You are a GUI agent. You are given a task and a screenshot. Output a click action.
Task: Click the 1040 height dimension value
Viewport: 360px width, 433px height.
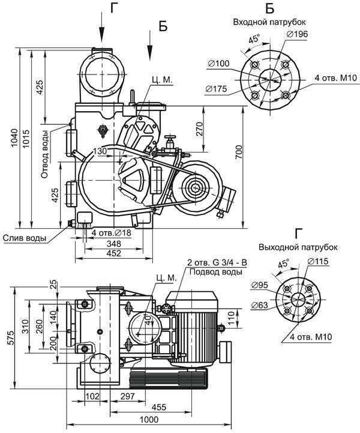click(x=14, y=138)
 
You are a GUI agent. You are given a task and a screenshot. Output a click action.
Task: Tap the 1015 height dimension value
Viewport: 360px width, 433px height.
click(x=26, y=138)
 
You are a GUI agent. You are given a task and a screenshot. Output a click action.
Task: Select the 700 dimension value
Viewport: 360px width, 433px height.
click(x=239, y=152)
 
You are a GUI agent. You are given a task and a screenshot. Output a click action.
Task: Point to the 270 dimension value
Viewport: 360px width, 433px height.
click(x=199, y=129)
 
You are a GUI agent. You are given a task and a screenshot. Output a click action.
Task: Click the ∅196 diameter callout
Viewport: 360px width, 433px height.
click(x=297, y=34)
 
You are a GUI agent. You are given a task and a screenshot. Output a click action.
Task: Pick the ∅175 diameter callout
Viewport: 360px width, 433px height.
click(x=216, y=89)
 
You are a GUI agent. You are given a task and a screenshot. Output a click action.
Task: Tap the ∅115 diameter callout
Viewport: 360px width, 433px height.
click(x=317, y=261)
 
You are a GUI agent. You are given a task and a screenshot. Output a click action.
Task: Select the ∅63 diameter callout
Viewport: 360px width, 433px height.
click(x=259, y=305)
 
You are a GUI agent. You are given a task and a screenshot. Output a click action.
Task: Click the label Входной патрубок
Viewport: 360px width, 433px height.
click(x=269, y=22)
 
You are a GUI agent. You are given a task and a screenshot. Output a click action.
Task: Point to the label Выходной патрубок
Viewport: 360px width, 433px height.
click(x=298, y=247)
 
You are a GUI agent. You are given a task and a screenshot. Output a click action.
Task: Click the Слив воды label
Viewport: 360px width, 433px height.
click(x=25, y=238)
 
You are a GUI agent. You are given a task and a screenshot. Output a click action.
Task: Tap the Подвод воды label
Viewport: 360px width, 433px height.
click(x=216, y=272)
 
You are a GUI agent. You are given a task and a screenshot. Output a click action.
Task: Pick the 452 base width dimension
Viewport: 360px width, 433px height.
click(x=113, y=253)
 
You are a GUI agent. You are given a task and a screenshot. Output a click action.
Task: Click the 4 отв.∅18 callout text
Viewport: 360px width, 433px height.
click(x=111, y=233)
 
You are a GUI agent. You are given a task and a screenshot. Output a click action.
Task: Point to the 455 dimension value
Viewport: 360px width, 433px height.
click(x=159, y=407)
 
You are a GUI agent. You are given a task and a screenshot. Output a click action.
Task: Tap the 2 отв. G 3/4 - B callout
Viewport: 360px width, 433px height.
click(x=217, y=262)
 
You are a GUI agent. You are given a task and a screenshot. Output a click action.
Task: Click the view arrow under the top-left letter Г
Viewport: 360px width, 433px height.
click(x=102, y=28)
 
